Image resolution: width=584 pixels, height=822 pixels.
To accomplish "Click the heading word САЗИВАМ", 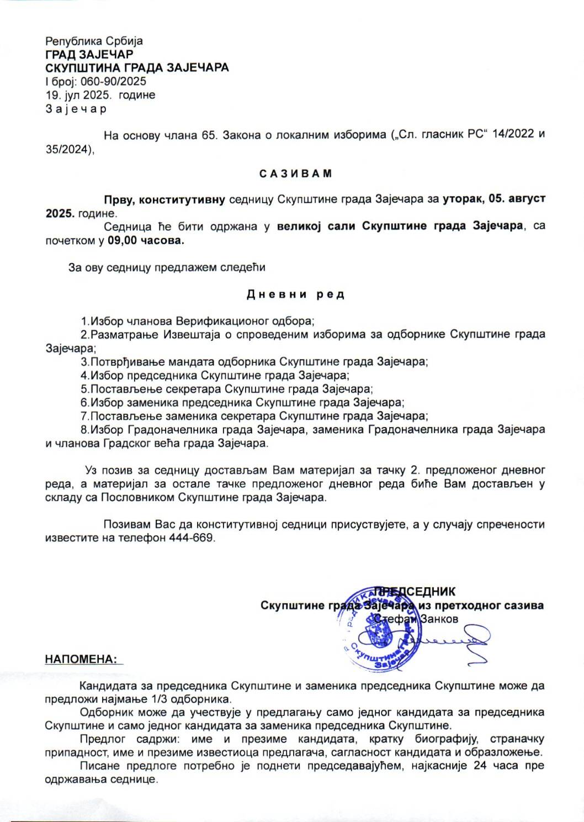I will tap(296, 173).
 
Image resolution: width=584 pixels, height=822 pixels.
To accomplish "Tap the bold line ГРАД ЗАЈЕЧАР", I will tap(89, 55).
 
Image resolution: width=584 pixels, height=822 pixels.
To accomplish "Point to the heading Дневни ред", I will tap(295, 294).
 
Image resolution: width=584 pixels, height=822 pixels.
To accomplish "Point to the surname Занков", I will tap(439, 619).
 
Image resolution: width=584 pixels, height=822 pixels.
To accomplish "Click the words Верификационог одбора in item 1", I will tap(244, 321).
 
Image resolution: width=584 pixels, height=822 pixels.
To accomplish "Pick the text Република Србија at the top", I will tap(94, 41).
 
